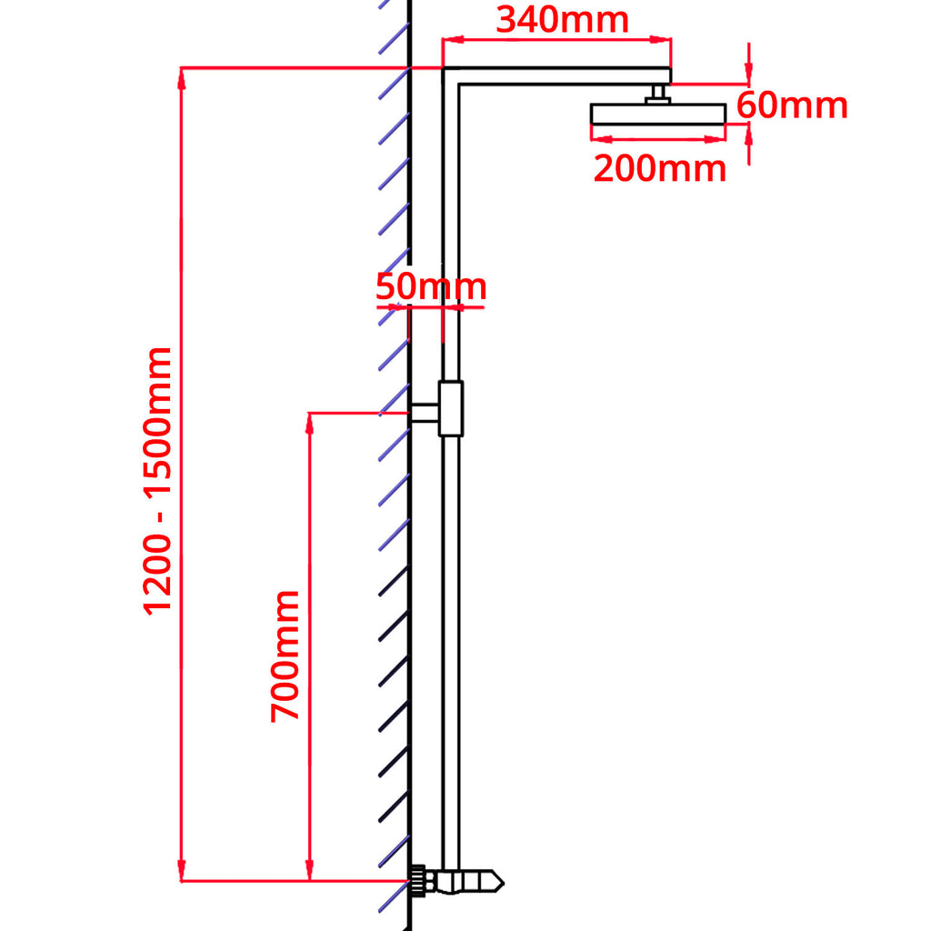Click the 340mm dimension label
click(562, 19)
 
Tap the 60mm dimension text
click(792, 105)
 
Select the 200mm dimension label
click(659, 168)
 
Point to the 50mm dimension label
click(431, 286)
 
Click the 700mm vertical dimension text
click(285, 655)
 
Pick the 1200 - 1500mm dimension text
click(157, 479)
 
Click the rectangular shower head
click(657, 114)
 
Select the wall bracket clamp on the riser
click(450, 408)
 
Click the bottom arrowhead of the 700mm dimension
click(310, 873)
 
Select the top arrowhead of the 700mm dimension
click(310, 422)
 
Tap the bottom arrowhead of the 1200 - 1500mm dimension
click(183, 873)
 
